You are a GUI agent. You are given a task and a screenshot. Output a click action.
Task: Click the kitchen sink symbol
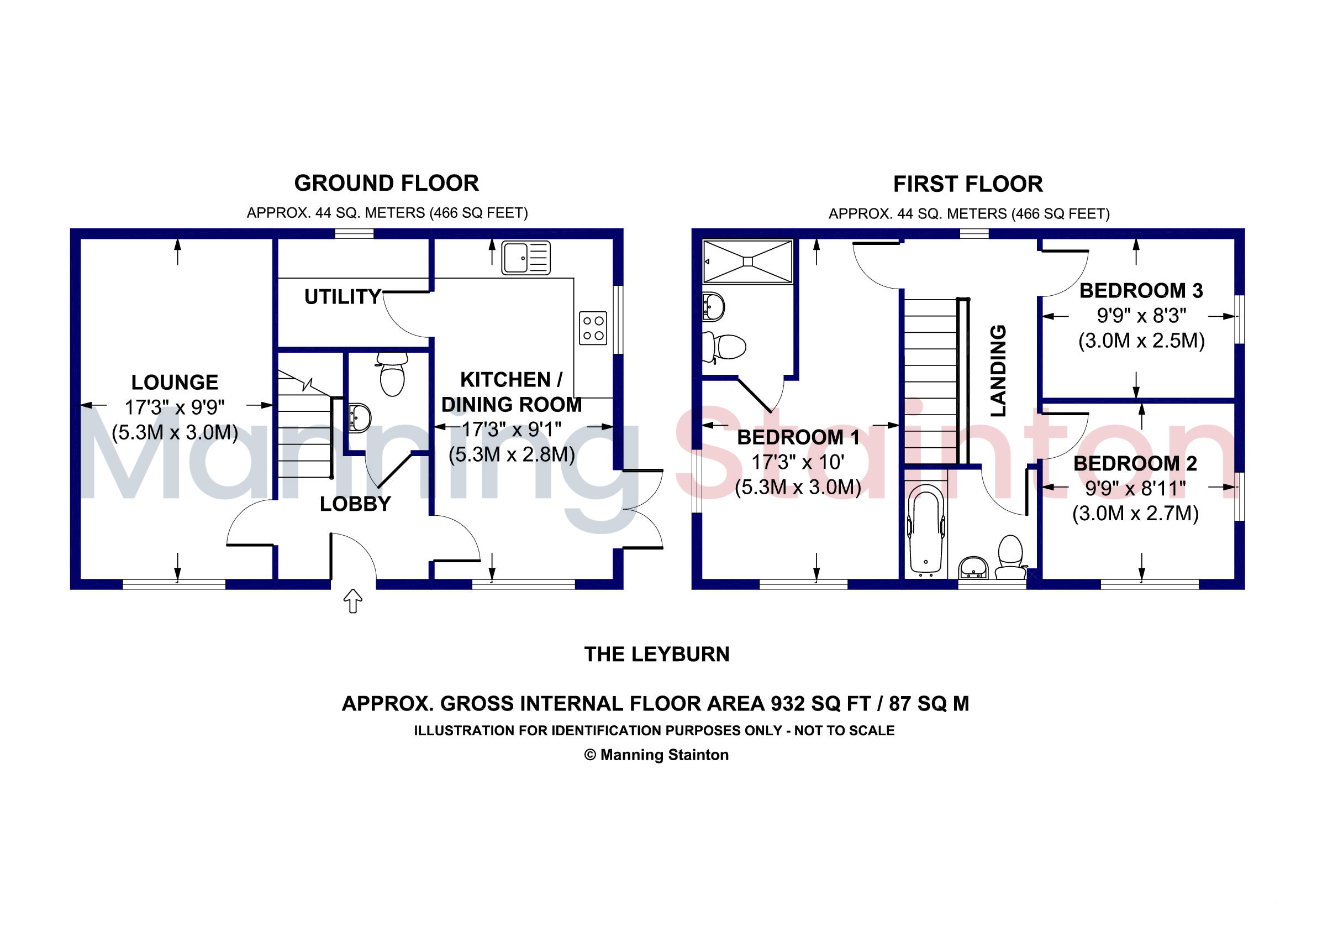[525, 257]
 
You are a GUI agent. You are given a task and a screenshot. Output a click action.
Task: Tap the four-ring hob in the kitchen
[593, 328]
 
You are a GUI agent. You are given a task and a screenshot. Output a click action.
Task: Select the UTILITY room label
[343, 297]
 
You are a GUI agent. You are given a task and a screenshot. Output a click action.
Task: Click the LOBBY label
[355, 504]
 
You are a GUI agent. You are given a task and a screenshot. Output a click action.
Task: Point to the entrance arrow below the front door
[353, 601]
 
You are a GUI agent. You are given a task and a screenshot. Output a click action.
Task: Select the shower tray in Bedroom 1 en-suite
[747, 261]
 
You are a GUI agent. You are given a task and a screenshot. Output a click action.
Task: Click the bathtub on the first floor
[925, 531]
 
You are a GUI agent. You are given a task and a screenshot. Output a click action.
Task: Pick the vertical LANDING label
[999, 371]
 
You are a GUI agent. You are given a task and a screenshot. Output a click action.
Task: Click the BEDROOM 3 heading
[1140, 290]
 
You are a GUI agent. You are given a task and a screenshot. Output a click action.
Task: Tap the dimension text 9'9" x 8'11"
[1135, 489]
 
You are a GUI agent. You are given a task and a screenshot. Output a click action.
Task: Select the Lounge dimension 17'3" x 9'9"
[175, 407]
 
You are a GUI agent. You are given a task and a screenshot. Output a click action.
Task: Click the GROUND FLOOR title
[386, 183]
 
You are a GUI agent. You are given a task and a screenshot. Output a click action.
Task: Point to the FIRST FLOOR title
[968, 184]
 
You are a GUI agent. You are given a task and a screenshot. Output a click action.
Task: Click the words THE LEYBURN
[657, 655]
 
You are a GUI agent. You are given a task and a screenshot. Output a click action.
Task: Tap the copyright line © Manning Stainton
[656, 755]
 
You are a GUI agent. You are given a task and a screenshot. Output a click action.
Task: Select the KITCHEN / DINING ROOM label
[511, 392]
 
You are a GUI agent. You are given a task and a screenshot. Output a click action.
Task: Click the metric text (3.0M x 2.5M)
[1141, 341]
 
